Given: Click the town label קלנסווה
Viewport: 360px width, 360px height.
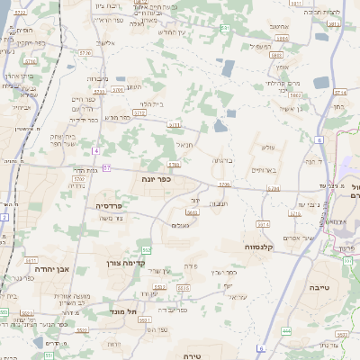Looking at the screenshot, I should [x=259, y=246].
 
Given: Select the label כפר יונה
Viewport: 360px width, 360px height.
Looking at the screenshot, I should [x=156, y=178].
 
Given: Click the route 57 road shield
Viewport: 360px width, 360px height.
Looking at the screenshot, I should [x=107, y=167].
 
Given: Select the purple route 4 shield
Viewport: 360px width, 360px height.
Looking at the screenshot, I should [x=94, y=151].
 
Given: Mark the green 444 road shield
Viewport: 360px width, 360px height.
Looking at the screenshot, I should [x=286, y=333].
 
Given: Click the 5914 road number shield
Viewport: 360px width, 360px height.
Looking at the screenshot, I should [x=262, y=223].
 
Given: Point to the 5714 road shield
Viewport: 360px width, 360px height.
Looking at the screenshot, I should [x=294, y=215].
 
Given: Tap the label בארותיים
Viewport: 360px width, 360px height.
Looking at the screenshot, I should [x=261, y=169].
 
